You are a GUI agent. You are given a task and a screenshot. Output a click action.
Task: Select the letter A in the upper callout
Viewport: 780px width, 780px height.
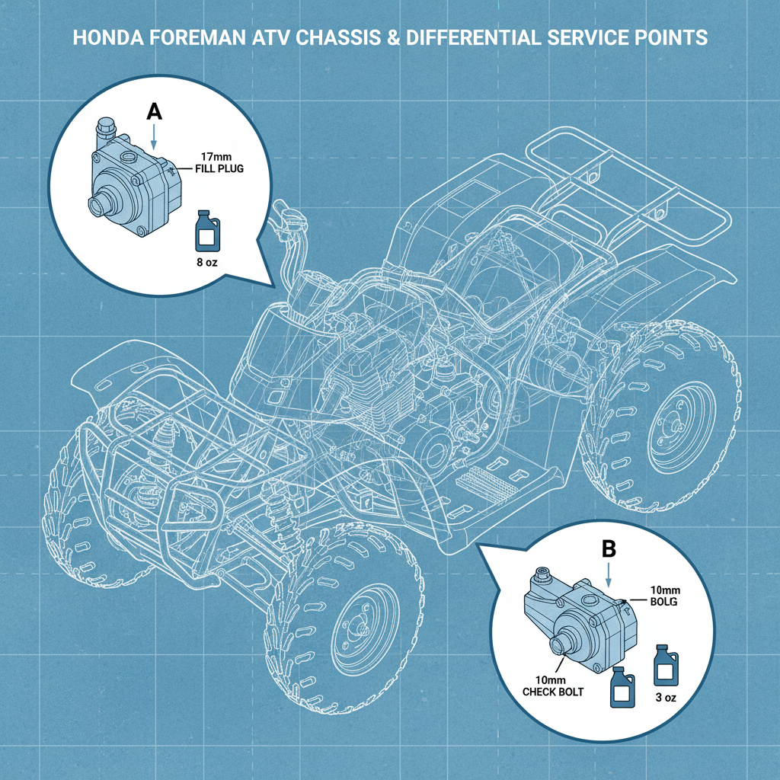[x=154, y=111]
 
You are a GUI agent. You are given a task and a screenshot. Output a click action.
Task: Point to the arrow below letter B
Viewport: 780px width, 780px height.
[x=608, y=573]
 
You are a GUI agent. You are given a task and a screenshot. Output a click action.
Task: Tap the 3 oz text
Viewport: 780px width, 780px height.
[x=663, y=697]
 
